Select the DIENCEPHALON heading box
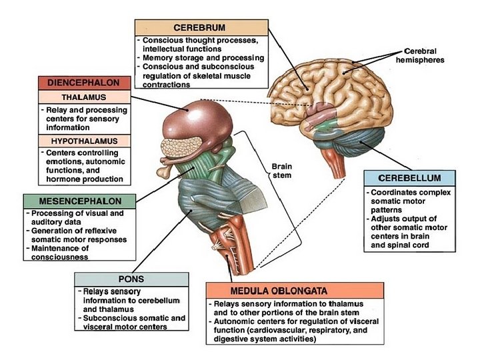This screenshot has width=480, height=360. (x=84, y=84)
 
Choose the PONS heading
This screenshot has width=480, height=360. (x=129, y=279)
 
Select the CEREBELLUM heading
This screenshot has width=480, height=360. (x=409, y=179)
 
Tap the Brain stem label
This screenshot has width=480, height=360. (x=282, y=171)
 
